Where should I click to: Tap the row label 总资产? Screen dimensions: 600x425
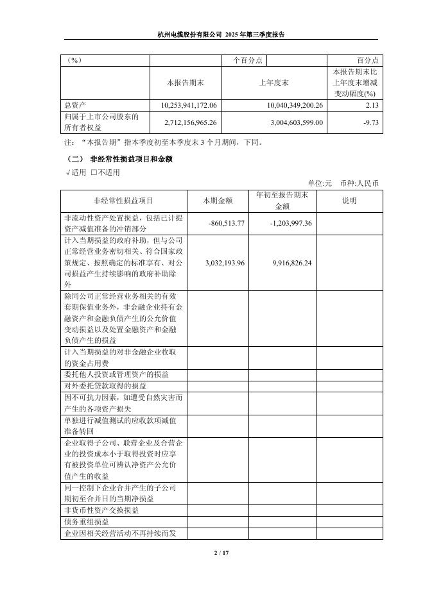[x=76, y=105]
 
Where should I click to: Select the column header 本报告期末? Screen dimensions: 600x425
[x=185, y=83]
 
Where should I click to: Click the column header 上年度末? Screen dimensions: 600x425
[x=273, y=83]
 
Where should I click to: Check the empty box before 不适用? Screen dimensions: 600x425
[x=94, y=172]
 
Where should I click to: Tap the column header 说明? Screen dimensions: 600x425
[x=349, y=201]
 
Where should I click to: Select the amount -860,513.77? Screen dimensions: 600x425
[x=227, y=223]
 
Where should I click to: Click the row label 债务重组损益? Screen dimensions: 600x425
[x=87, y=522]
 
